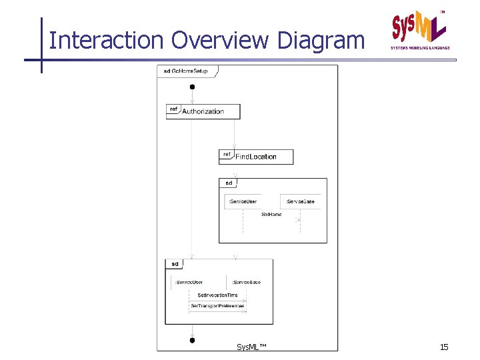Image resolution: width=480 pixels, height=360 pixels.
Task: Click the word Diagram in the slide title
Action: pyautogui.click(x=321, y=41)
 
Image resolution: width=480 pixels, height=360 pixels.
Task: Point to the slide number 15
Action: pyautogui.click(x=444, y=347)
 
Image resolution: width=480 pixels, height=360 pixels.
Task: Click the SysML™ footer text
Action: pyautogui.click(x=251, y=347)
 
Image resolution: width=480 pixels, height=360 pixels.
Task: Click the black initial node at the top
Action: pyautogui.click(x=192, y=87)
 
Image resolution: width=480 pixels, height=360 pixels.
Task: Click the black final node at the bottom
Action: pyautogui.click(x=192, y=340)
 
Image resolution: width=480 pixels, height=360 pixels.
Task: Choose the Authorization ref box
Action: pyautogui.click(x=203, y=111)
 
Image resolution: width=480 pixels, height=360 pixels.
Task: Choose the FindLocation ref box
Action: pyautogui.click(x=255, y=157)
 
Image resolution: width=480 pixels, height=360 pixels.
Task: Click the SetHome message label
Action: pyautogui.click(x=271, y=215)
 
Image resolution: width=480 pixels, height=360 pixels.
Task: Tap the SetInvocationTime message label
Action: pyautogui.click(x=217, y=294)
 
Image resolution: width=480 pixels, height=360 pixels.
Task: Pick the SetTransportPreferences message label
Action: pyautogui.click(x=217, y=306)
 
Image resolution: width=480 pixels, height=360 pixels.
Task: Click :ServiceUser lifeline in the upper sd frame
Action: pyautogui.click(x=243, y=201)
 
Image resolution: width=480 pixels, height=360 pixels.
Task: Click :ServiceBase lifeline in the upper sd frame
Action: pyautogui.click(x=300, y=201)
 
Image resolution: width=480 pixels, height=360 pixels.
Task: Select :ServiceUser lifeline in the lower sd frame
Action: pyautogui.click(x=189, y=282)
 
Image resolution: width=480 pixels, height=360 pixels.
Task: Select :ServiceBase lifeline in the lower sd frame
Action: pyautogui.click(x=246, y=282)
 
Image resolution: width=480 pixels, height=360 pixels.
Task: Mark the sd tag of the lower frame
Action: pyautogui.click(x=174, y=264)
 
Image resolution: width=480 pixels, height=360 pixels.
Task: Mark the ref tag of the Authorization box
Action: pyautogui.click(x=173, y=109)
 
